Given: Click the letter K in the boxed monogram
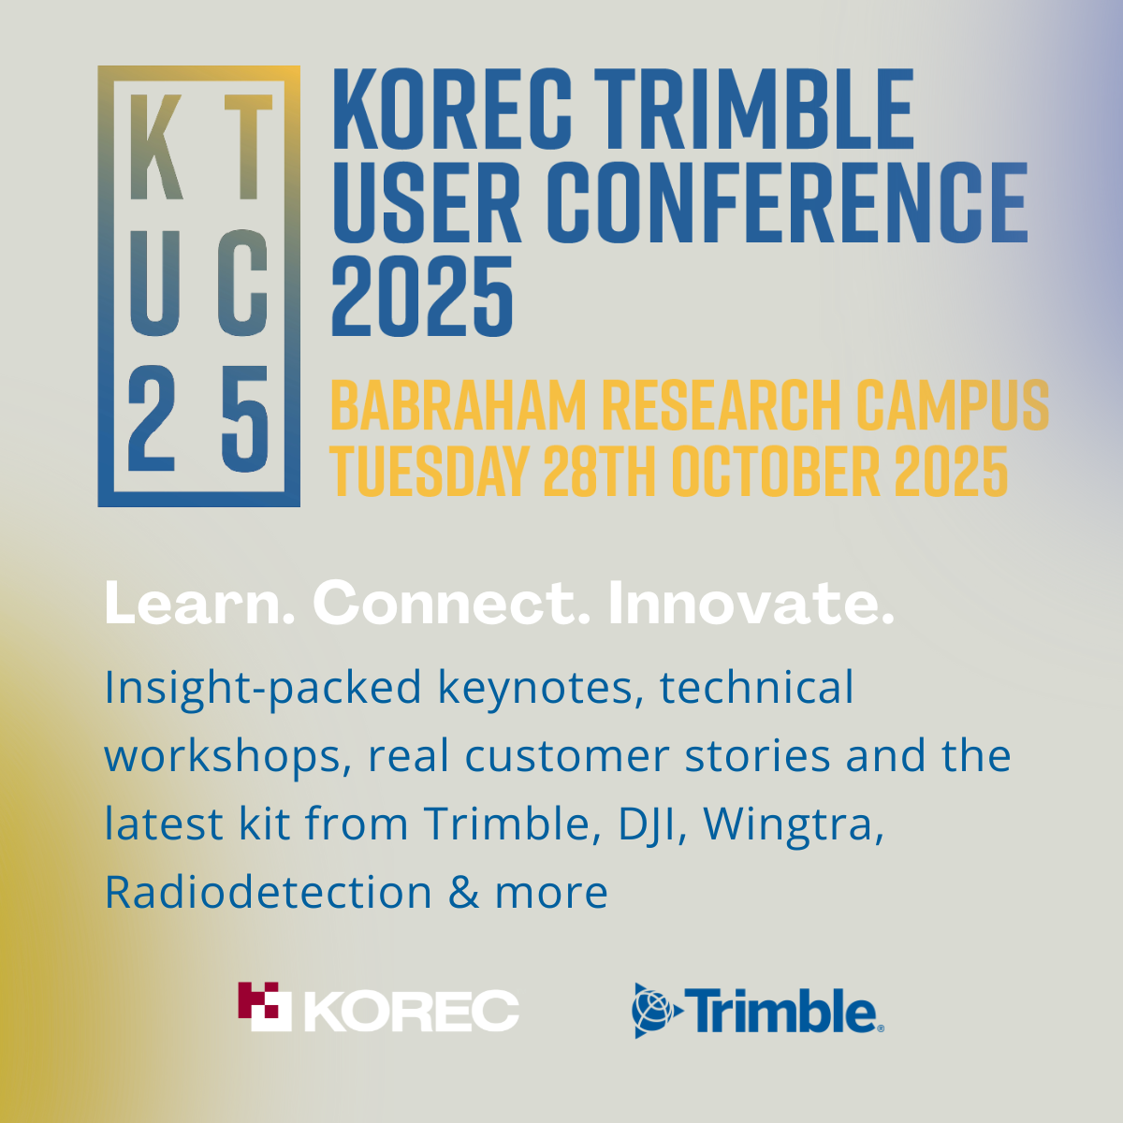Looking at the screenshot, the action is (x=155, y=146).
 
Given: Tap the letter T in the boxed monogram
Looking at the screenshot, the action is (x=248, y=146).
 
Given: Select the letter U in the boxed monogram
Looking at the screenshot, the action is (x=153, y=284).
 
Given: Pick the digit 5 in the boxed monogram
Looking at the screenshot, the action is (x=245, y=418).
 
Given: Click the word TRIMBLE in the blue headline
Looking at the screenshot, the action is (x=753, y=109).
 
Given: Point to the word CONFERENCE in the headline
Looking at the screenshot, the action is (x=787, y=201).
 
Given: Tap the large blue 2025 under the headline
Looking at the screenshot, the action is (x=422, y=296).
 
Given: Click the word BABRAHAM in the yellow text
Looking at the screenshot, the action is (x=459, y=404).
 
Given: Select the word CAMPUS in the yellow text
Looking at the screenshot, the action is (x=953, y=404).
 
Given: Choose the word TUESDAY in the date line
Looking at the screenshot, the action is (x=430, y=471).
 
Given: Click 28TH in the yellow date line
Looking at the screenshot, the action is (x=600, y=471).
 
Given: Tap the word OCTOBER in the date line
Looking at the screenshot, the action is (x=776, y=471).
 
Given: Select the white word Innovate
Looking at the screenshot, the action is (x=751, y=603).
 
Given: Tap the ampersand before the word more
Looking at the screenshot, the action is (x=464, y=893).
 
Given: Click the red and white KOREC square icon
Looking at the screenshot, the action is (x=265, y=1006).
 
